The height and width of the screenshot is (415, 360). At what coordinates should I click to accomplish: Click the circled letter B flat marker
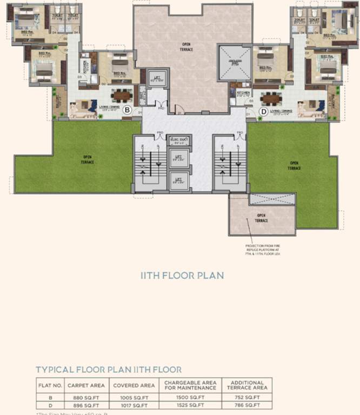point(127,110)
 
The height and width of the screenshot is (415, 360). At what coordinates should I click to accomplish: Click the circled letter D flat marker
point(263,112)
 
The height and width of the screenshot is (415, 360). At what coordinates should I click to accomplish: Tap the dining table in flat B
point(122,96)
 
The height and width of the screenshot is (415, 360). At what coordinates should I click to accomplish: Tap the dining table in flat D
point(270,98)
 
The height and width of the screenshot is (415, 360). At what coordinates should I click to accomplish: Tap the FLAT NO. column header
point(50,385)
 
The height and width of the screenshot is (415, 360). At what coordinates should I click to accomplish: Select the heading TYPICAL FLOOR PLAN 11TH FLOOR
point(109,370)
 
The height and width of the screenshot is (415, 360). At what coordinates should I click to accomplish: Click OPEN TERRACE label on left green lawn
point(88,159)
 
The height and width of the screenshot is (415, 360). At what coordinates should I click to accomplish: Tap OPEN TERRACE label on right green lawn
point(295,165)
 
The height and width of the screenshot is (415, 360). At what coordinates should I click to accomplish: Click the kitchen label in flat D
point(243,93)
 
